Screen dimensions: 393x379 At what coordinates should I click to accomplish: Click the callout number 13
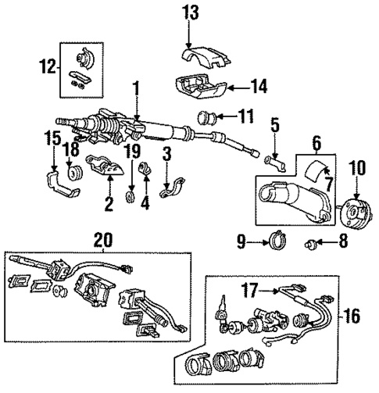(191, 13)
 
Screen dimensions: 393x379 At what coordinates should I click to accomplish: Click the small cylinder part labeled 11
(209, 119)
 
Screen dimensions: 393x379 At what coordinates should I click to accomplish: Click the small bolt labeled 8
(315, 242)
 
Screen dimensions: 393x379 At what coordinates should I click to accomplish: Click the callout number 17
(253, 290)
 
